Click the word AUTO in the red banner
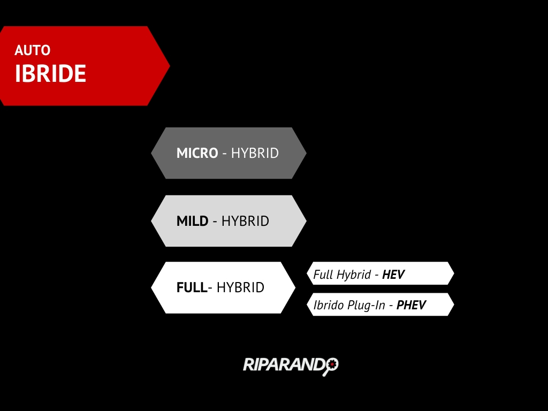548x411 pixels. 33,50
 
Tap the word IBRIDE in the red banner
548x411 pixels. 50,73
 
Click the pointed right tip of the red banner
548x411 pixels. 170,66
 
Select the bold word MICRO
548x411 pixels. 197,153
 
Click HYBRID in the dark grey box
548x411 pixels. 255,153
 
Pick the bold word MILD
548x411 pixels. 192,221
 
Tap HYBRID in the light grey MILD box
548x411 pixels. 245,221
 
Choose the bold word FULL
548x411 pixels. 192,287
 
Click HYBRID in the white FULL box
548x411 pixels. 240,287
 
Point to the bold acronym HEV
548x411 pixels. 393,275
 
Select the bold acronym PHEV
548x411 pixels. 411,305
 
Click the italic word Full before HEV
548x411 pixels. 323,275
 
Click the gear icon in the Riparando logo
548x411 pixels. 332,364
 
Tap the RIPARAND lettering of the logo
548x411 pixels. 285,364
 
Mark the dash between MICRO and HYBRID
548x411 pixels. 224,154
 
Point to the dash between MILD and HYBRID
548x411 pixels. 215,222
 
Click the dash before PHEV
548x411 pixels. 391,306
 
